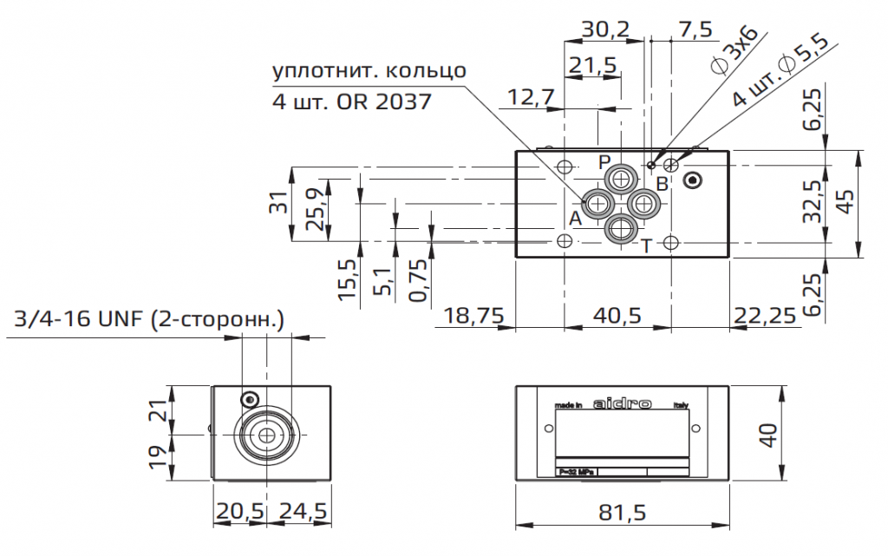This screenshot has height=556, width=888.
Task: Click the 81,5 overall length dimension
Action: tap(622, 513)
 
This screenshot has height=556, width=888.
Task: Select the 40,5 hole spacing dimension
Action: tap(617, 315)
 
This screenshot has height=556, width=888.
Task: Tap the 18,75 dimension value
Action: tap(473, 315)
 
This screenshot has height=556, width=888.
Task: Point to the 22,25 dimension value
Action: tap(764, 315)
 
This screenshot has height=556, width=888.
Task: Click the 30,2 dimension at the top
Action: tap(604, 29)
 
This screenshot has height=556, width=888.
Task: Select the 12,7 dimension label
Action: tap(531, 97)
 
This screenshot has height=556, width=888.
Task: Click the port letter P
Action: tap(604, 162)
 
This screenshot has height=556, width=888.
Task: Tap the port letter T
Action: tap(646, 245)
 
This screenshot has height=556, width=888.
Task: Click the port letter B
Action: tap(662, 183)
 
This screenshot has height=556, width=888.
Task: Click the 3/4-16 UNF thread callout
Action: tap(150, 321)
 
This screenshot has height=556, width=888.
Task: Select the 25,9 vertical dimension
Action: tap(317, 208)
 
